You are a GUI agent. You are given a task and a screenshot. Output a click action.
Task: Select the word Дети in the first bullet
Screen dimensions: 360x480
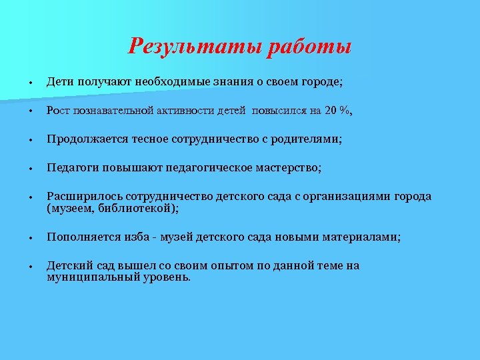(60, 82)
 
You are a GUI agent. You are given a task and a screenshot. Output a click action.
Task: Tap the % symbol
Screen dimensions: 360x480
(344, 111)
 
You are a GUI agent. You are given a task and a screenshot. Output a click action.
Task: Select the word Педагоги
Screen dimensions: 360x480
(72, 168)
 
